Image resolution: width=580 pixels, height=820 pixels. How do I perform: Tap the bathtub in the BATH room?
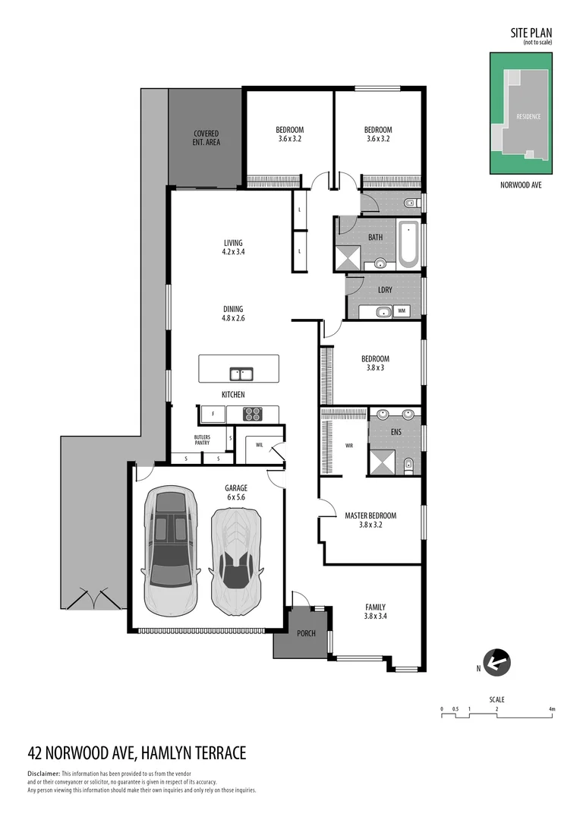(408, 244)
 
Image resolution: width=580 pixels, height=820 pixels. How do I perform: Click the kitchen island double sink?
(242, 374)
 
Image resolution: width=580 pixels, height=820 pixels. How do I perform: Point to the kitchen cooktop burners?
(252, 414)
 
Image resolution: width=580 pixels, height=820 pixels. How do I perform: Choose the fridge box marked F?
(213, 415)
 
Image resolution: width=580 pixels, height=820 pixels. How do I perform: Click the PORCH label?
(306, 633)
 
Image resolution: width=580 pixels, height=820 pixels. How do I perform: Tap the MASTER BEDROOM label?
(370, 516)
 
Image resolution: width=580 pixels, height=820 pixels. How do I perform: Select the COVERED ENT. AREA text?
(206, 137)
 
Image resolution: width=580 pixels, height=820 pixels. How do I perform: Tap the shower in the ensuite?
(383, 462)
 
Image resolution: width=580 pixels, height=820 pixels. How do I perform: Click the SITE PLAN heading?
(531, 33)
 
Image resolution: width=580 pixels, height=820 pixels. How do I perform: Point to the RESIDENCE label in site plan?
(528, 117)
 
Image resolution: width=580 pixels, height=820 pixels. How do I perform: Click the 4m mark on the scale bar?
(553, 709)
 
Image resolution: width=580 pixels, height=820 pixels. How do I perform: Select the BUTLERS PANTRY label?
(202, 440)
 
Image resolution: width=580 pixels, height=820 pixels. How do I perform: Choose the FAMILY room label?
(375, 607)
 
